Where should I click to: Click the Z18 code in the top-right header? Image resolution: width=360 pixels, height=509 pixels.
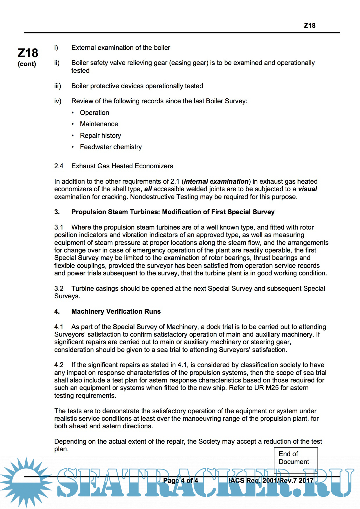(x=309, y=26)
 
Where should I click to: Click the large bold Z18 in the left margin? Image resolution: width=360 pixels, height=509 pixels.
(x=28, y=53)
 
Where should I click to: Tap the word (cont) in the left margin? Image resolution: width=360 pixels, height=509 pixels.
(x=27, y=64)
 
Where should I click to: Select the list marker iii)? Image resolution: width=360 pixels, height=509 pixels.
(x=57, y=86)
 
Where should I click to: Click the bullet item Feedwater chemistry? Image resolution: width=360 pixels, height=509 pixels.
(x=111, y=147)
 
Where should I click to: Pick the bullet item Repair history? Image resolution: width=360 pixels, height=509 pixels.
(x=100, y=136)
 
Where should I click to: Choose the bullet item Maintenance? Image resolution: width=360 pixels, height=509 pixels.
(x=99, y=124)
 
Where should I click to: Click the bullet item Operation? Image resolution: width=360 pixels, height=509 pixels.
(x=95, y=113)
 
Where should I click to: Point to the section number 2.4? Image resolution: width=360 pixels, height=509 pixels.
(x=59, y=166)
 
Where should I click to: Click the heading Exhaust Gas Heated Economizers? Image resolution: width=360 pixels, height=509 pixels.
(x=122, y=166)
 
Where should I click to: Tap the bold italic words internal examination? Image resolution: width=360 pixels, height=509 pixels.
(x=216, y=181)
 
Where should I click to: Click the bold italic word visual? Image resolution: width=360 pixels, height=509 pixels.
(x=307, y=189)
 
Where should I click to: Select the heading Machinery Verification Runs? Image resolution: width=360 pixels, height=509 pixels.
(x=116, y=311)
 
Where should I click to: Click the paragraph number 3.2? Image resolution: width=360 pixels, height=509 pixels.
(x=59, y=288)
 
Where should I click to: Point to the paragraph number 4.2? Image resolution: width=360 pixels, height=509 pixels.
(x=59, y=365)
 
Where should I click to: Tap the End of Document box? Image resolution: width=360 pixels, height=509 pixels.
(x=296, y=458)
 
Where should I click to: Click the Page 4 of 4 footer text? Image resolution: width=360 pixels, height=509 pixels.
(x=181, y=481)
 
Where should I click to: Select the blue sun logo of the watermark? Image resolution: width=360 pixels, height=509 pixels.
(x=26, y=482)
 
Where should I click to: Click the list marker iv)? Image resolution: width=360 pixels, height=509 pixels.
(x=58, y=101)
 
